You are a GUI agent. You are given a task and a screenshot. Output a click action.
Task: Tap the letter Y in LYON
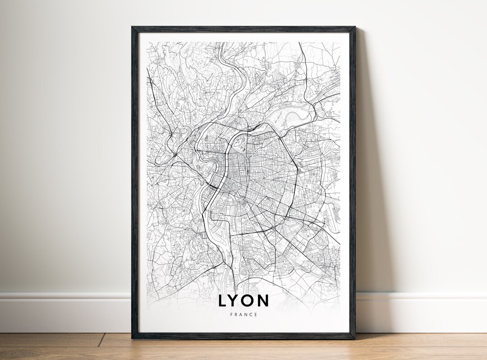235,300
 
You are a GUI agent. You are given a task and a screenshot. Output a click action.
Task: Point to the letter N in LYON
263,300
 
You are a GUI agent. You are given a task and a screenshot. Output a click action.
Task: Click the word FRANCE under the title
243,314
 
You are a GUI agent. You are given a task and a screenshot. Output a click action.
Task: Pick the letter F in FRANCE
230,314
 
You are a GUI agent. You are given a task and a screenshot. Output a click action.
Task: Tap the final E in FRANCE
257,314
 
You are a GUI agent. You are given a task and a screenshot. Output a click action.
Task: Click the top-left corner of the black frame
133,28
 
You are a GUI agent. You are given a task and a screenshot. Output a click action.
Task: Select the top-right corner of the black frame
354,28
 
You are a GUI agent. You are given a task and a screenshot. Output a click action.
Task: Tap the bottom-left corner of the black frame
133,338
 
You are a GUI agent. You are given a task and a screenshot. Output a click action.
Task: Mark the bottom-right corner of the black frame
354,338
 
